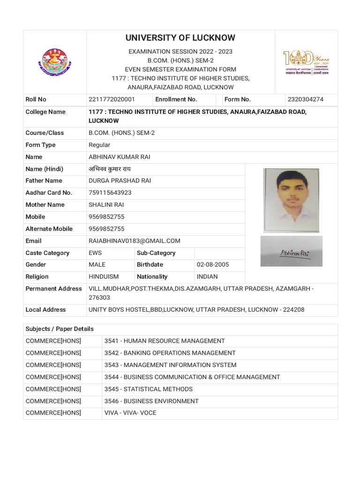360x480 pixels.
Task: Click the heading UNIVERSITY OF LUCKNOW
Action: coord(180,38)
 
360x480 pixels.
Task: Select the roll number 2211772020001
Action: coord(112,99)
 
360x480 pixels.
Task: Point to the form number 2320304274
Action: coord(306,99)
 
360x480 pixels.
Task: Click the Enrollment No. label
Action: coord(176,99)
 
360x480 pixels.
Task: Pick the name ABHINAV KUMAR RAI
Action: coord(120,157)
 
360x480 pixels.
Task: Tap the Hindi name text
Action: coord(111,169)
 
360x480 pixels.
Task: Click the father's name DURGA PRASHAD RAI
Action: coord(120,180)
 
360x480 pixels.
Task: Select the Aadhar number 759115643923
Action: coord(110,193)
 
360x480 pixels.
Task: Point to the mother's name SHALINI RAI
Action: coord(106,205)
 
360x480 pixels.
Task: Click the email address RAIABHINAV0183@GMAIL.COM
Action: coord(135,241)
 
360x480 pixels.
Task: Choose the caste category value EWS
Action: coord(95,253)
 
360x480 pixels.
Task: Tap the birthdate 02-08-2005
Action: coord(213,265)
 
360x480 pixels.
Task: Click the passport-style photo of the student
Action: coord(291,200)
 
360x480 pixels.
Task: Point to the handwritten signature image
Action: coord(292,252)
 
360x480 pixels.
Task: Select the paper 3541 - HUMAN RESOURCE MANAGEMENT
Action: coord(165,341)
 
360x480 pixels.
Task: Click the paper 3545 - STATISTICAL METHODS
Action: coord(149,389)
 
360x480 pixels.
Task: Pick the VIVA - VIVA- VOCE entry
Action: coord(130,413)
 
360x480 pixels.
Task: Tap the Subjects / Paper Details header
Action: coord(60,329)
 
